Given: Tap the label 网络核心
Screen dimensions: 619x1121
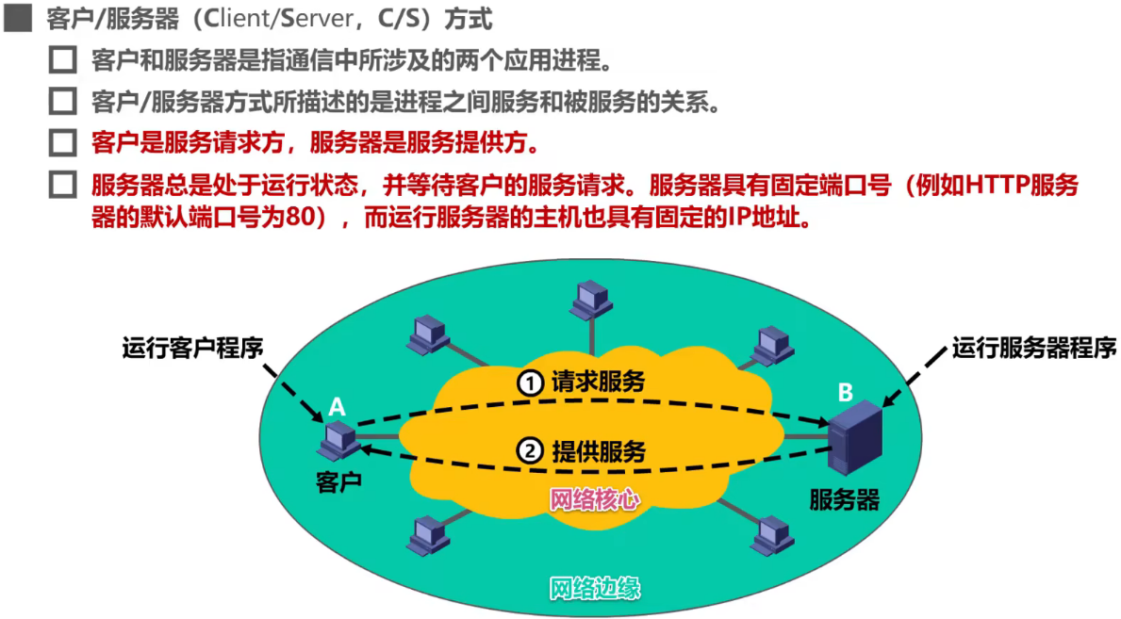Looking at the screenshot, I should coord(594,498).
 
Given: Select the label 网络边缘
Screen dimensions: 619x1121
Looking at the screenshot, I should coord(595,589).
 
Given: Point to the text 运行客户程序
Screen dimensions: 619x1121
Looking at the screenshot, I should coord(192,349).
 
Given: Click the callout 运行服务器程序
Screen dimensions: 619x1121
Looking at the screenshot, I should coord(1033,349).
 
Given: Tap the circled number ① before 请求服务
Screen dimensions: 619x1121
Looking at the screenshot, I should coord(531,382).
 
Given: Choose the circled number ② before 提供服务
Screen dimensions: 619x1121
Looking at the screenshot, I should coord(531,451).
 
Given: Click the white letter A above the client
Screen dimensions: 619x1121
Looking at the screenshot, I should coord(337,407).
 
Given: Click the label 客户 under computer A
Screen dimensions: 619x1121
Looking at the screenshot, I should coord(338,481).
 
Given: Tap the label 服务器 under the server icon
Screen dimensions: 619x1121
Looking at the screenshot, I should coord(844,499).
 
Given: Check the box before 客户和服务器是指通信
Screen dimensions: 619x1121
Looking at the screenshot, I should coord(62,62).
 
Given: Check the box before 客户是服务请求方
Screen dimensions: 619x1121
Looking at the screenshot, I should coord(62,144).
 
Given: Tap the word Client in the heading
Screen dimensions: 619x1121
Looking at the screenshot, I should coord(246,18).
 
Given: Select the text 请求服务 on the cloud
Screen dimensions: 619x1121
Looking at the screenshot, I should coord(598,382).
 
